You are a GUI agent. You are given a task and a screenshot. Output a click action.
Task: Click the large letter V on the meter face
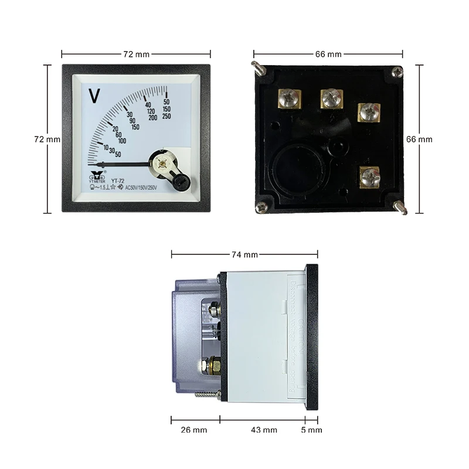point(93,94)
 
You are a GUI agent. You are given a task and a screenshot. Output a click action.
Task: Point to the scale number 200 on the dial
point(153,118)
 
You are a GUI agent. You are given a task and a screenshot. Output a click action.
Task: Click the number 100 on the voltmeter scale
point(122,141)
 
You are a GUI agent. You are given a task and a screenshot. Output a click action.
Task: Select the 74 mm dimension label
point(244,254)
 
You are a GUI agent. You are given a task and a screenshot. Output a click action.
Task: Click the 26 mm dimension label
point(193,430)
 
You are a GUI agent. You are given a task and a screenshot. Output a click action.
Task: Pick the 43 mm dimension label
point(263,430)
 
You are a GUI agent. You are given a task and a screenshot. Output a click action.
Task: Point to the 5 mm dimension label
point(311,430)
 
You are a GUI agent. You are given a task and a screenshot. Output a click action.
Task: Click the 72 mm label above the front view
point(136,54)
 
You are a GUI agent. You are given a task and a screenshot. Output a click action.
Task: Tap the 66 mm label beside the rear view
point(419,139)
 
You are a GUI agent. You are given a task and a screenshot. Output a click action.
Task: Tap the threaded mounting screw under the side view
point(207,397)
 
